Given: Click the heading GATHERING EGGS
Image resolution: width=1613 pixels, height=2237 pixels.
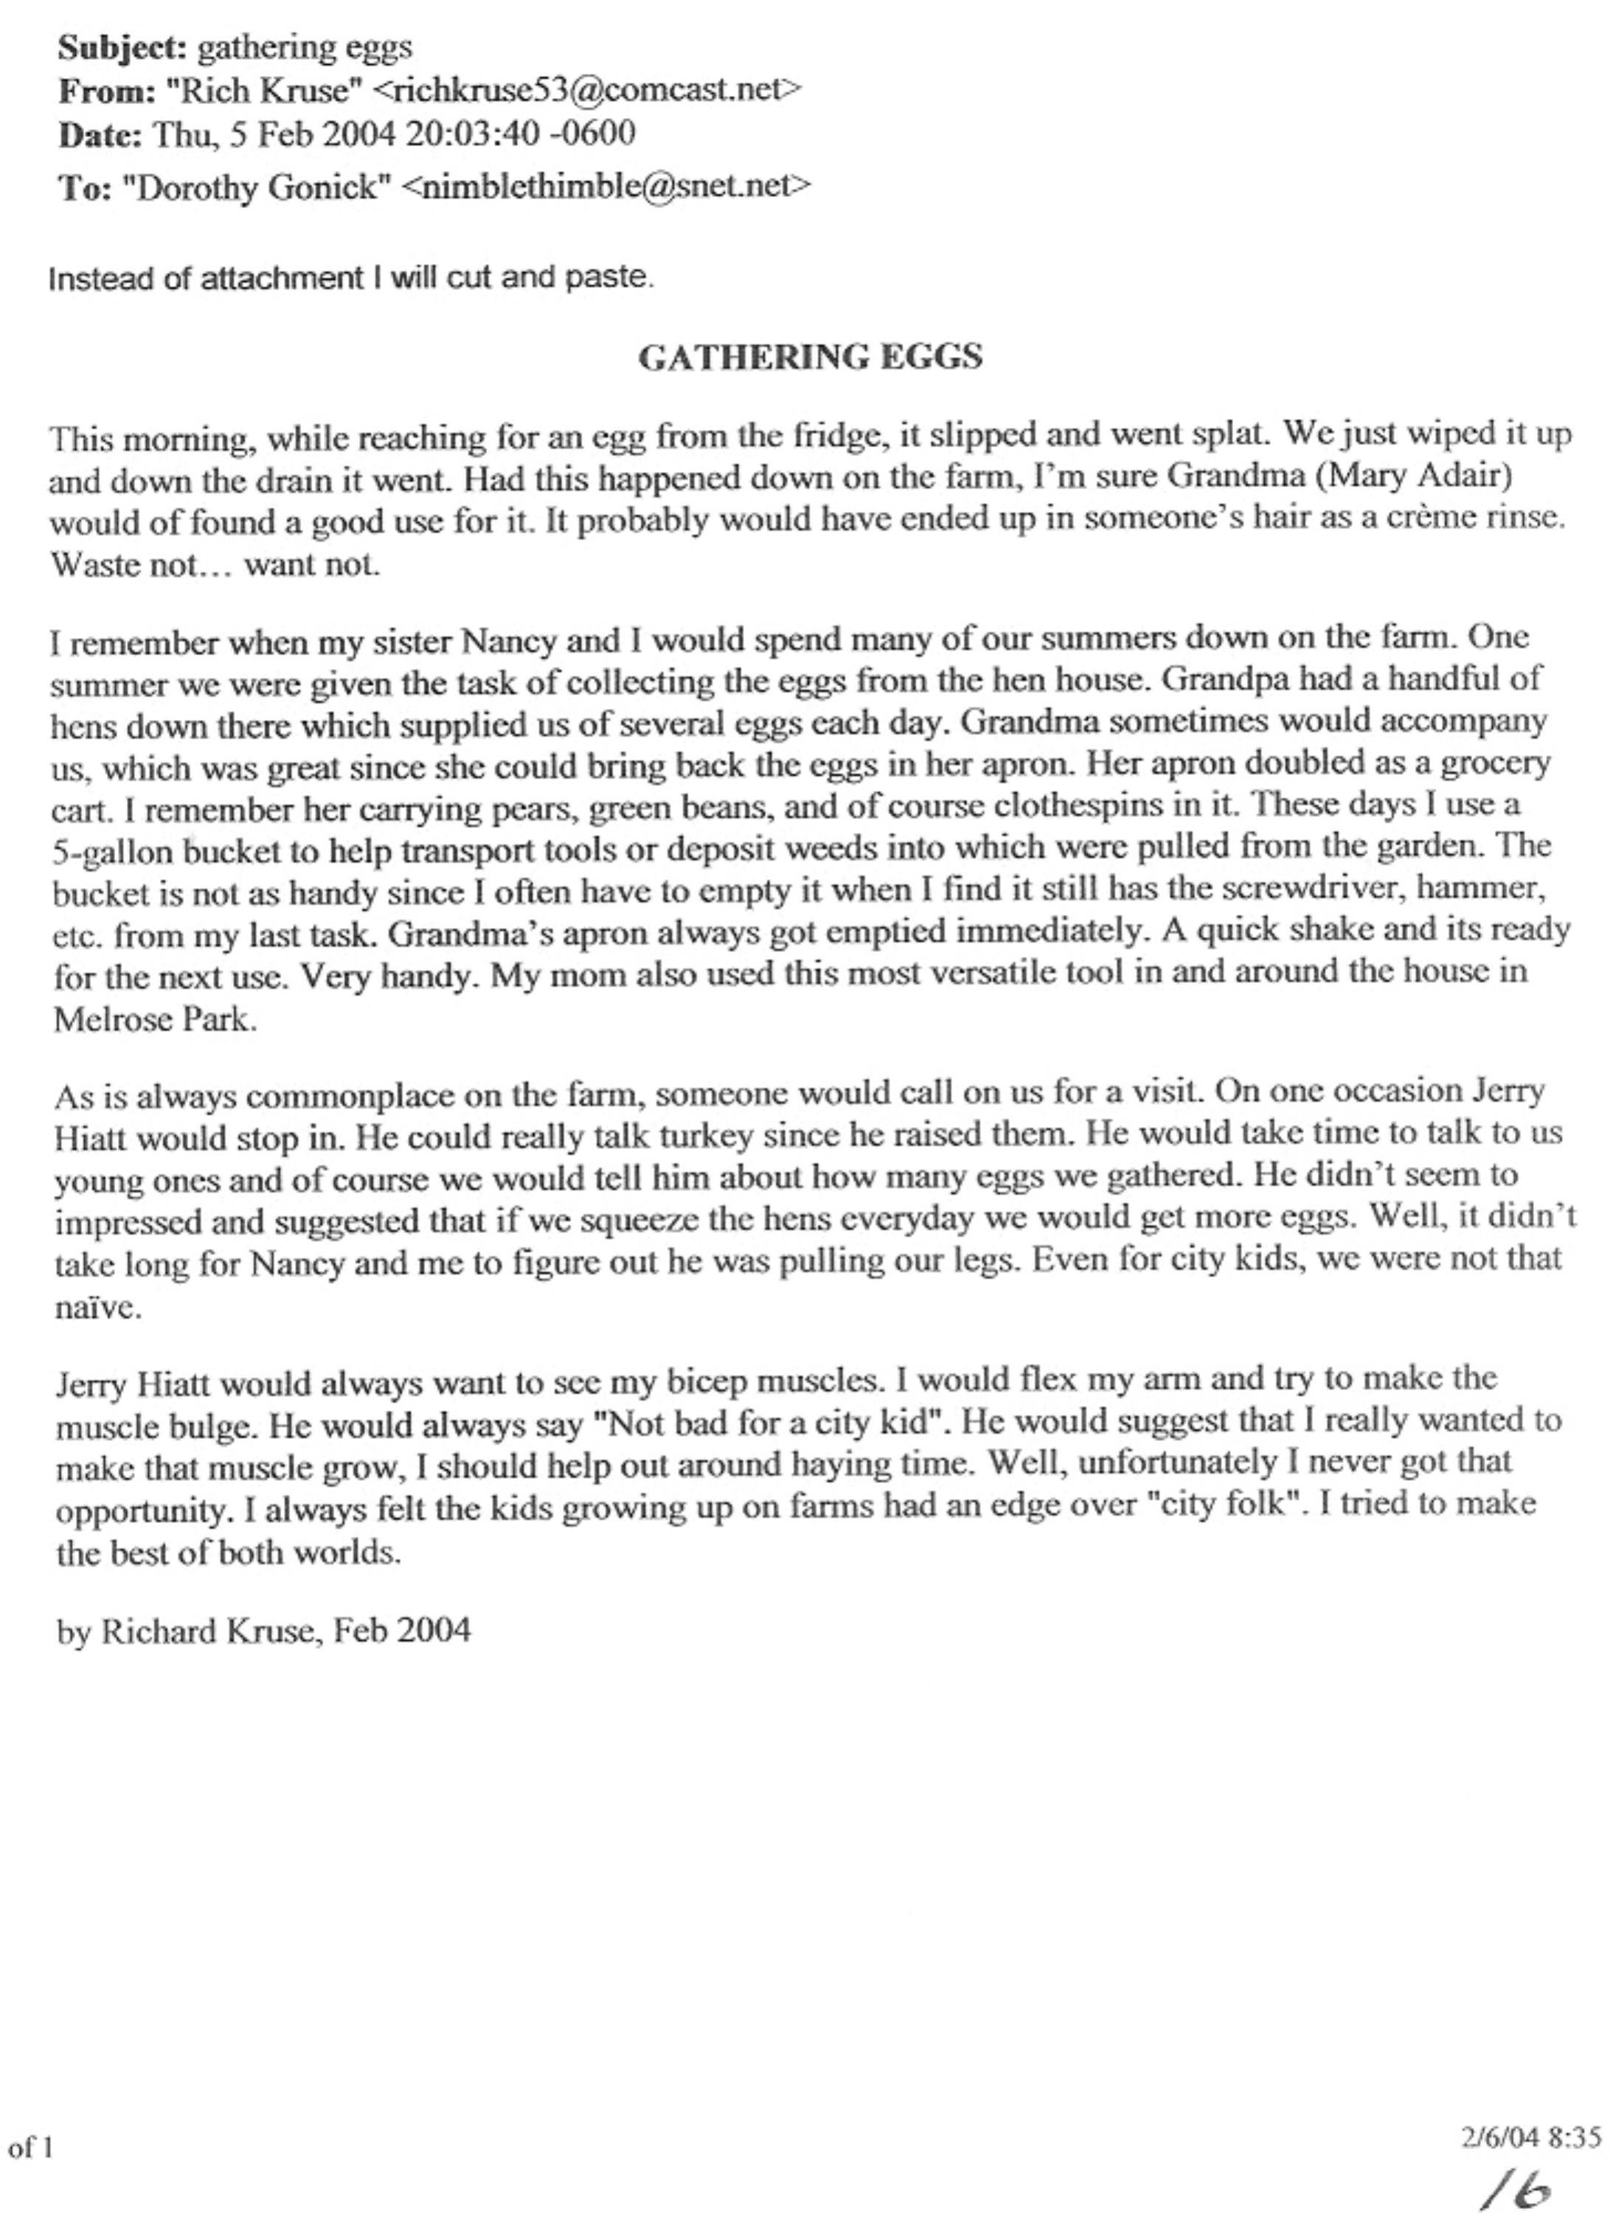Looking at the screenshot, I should click(810, 356).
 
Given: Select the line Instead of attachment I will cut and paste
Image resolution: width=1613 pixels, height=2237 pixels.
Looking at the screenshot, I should click(350, 278).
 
